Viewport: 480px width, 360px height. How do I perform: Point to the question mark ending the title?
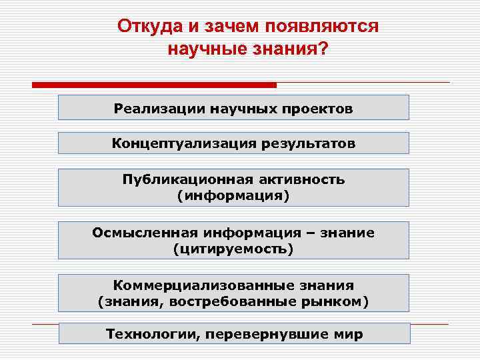[x=324, y=49]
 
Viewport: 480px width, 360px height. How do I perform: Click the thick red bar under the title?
[x=154, y=85]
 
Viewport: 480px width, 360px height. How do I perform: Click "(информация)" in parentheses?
[x=233, y=196]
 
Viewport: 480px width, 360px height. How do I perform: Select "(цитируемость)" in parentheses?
[x=233, y=249]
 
